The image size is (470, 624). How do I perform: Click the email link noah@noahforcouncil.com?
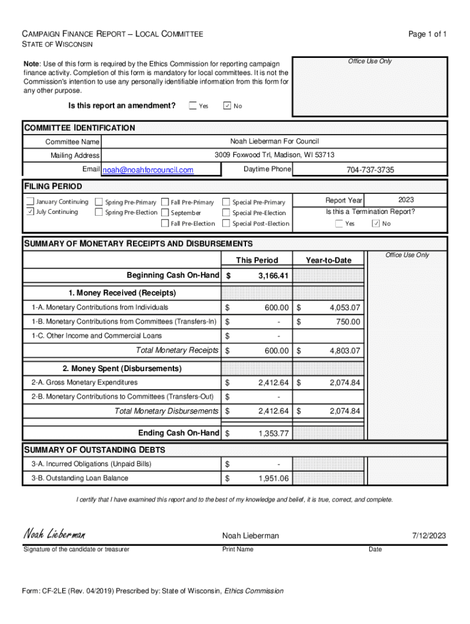(148, 170)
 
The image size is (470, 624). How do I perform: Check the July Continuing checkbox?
(30, 212)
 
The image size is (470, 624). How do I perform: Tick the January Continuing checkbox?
(30, 202)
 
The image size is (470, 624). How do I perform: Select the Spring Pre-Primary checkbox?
(99, 202)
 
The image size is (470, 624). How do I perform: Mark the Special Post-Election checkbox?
(226, 224)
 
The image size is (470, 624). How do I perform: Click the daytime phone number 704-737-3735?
(370, 170)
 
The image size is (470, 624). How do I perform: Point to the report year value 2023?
(406, 200)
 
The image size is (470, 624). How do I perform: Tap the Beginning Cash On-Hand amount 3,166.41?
(273, 276)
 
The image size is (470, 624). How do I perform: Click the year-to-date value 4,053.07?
(345, 307)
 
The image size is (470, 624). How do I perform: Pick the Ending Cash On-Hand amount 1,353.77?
(273, 433)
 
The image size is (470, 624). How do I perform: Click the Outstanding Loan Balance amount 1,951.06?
(273, 478)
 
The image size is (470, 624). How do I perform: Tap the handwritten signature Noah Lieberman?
(54, 534)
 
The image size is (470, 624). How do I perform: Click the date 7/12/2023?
(429, 536)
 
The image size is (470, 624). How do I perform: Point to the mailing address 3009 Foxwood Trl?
(274, 155)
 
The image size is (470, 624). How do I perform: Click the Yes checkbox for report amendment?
(193, 106)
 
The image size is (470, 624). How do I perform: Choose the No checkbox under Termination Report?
(376, 224)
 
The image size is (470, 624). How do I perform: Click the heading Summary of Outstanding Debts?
(94, 450)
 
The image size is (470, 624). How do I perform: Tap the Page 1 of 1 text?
(427, 34)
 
